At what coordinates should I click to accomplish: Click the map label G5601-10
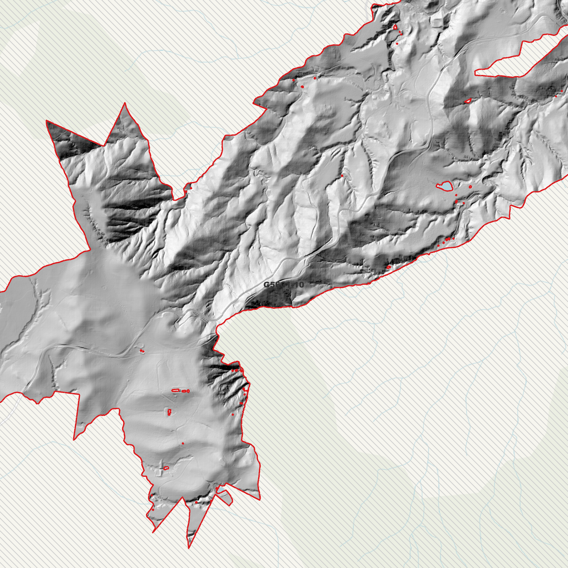tap(283, 285)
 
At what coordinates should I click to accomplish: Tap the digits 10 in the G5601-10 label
tap(298, 285)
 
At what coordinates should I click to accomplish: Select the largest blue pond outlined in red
tap(445, 186)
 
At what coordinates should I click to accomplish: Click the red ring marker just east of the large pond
tap(470, 187)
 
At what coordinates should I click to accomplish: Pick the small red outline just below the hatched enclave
tap(467, 101)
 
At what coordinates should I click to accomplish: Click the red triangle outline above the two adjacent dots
tap(395, 27)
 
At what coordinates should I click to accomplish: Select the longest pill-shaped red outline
tap(176, 390)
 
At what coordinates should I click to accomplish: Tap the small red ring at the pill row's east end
tap(188, 391)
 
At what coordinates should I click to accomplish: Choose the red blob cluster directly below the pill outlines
tap(169, 412)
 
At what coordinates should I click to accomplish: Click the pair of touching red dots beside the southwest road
tap(142, 351)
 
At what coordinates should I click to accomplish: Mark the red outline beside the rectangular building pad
tap(166, 468)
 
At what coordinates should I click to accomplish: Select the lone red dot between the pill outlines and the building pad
tap(183, 443)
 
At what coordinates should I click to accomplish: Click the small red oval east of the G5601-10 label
tap(388, 267)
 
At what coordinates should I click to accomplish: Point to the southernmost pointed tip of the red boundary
tap(189, 548)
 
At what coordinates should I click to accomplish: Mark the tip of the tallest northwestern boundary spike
tap(125, 103)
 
